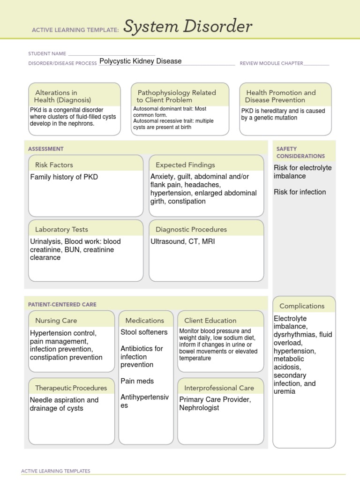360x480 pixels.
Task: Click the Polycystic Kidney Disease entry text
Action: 140,61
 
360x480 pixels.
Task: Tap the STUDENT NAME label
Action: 47,54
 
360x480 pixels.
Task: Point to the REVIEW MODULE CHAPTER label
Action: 271,63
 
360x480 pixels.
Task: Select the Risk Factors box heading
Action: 54,165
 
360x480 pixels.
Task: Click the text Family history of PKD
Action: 64,177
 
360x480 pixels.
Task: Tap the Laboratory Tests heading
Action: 61,230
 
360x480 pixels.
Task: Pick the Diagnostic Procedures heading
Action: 191,230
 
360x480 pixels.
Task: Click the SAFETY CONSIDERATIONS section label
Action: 300,152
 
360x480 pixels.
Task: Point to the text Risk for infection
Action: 300,192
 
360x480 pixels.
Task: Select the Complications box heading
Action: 302,306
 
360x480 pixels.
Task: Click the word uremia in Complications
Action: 285,391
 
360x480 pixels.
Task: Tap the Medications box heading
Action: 145,321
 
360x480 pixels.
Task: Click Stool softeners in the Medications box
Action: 144,332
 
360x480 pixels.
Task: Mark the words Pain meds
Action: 137,381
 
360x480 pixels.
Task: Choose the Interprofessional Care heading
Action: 219,388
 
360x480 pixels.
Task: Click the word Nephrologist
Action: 199,408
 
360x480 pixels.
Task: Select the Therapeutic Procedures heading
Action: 71,388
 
